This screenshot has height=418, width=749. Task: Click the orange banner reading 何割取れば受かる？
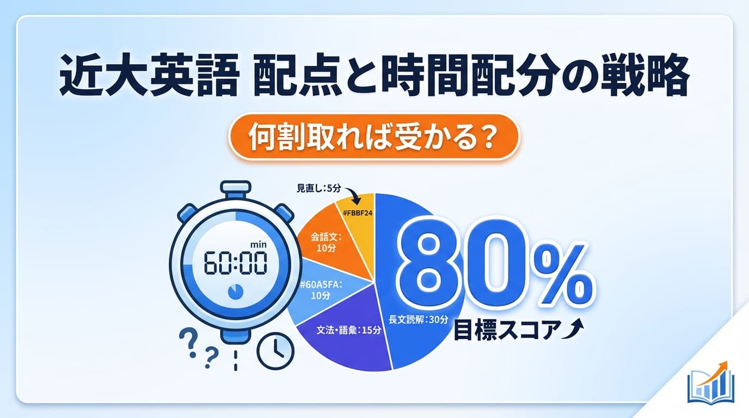[374, 137]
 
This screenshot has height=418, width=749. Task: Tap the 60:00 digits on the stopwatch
[235, 265]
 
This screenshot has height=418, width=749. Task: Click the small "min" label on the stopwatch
[258, 245]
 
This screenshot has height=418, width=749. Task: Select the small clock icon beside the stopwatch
[275, 351]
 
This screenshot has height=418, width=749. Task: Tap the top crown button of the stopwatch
[235, 189]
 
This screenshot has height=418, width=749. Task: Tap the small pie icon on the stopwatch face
[235, 292]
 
